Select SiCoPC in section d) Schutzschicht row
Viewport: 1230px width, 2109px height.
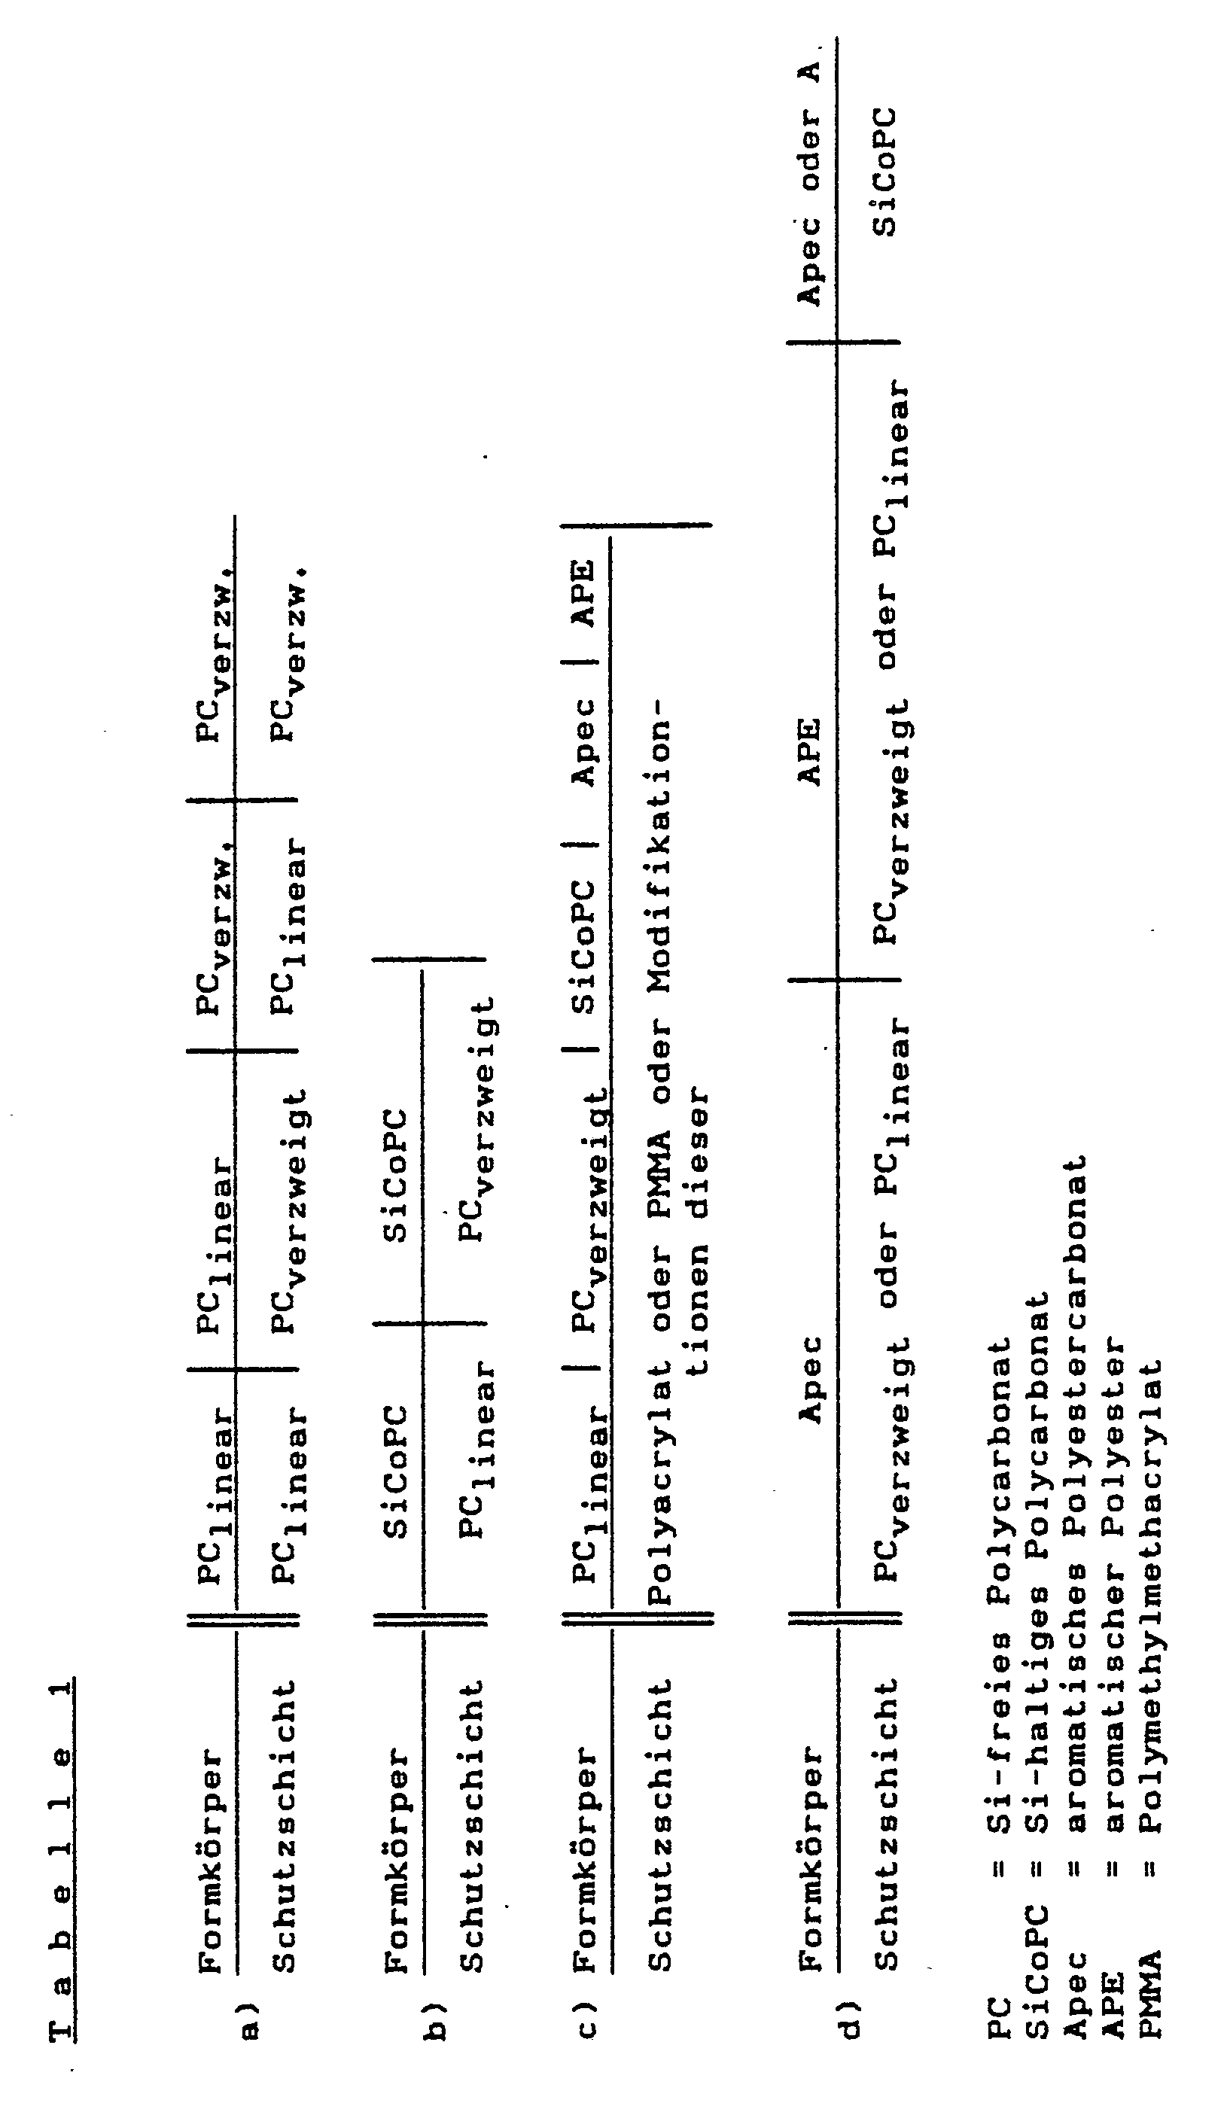point(884,172)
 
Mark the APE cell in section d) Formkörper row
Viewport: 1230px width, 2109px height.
point(809,751)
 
